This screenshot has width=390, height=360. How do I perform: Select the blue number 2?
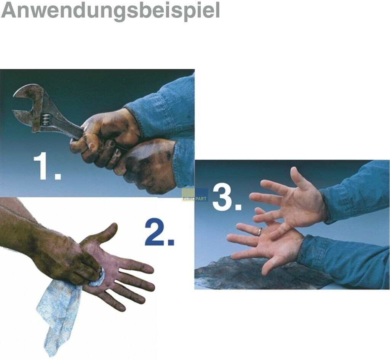coord(160,232)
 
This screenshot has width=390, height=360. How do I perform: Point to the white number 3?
coord(227,198)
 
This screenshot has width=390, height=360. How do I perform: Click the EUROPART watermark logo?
coord(195,195)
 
